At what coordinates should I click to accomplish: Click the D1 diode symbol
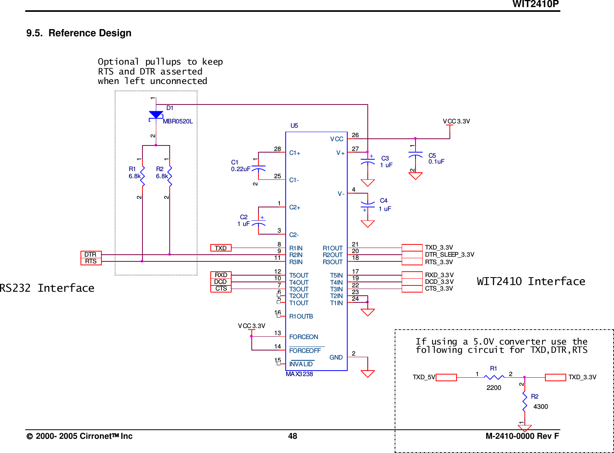[156, 116]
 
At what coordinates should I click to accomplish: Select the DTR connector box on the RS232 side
[91, 254]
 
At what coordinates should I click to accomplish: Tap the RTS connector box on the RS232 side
[91, 261]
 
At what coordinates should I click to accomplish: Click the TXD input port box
[221, 248]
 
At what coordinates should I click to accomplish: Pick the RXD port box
[221, 275]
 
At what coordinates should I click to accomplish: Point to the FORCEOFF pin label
[305, 350]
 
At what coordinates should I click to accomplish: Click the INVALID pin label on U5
[301, 364]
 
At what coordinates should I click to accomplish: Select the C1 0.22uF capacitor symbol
[258, 168]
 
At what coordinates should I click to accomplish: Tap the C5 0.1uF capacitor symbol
[415, 155]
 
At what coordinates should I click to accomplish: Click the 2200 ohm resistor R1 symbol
[494, 377]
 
